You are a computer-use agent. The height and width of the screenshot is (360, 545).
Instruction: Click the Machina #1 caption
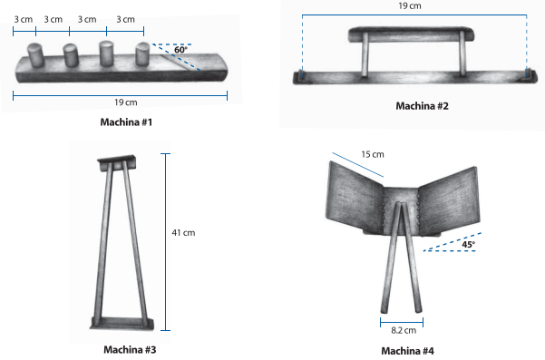click(126, 122)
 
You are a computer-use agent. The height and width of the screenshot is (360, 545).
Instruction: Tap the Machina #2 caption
click(423, 106)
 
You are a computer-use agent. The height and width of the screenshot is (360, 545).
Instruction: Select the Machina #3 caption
click(130, 350)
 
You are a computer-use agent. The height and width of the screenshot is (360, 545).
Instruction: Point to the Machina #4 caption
click(408, 351)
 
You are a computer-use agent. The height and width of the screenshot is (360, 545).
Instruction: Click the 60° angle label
click(180, 50)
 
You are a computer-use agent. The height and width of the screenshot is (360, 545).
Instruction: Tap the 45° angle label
click(468, 244)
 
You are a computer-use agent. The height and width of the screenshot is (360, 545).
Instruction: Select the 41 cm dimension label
click(183, 233)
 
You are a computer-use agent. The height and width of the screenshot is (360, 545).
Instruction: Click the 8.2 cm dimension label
click(404, 330)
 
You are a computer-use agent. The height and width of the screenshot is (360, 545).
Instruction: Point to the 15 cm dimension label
click(373, 154)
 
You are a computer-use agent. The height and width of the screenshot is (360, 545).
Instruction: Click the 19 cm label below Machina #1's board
click(126, 102)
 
